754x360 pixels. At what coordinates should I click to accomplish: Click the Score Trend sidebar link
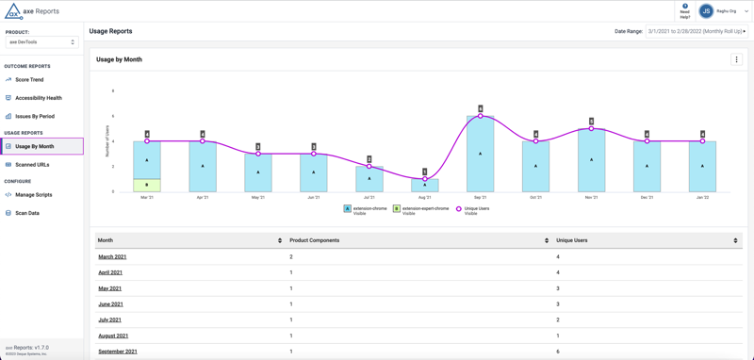click(29, 80)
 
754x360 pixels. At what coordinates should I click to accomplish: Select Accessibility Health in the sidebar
click(38, 98)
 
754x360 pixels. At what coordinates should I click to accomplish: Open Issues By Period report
click(34, 116)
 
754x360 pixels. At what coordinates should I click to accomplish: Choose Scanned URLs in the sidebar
click(32, 165)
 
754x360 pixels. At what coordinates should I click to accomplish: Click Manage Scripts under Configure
click(33, 195)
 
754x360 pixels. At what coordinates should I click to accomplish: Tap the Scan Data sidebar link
click(26, 213)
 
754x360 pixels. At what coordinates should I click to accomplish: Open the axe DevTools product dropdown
click(41, 42)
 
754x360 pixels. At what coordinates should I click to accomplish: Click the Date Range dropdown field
click(696, 31)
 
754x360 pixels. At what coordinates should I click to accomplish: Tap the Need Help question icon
click(685, 7)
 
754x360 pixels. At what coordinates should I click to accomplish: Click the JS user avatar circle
click(706, 11)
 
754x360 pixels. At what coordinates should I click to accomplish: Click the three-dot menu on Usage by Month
click(736, 59)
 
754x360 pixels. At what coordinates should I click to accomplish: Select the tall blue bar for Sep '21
click(481, 154)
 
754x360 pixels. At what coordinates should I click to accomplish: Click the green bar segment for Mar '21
click(147, 185)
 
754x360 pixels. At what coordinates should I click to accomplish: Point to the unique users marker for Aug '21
click(425, 179)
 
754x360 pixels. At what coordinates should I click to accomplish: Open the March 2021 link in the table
click(112, 256)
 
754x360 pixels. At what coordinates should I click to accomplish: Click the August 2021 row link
click(113, 335)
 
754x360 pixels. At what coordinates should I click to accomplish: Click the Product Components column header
click(315, 240)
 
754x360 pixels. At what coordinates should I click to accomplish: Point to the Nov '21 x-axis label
click(591, 197)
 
